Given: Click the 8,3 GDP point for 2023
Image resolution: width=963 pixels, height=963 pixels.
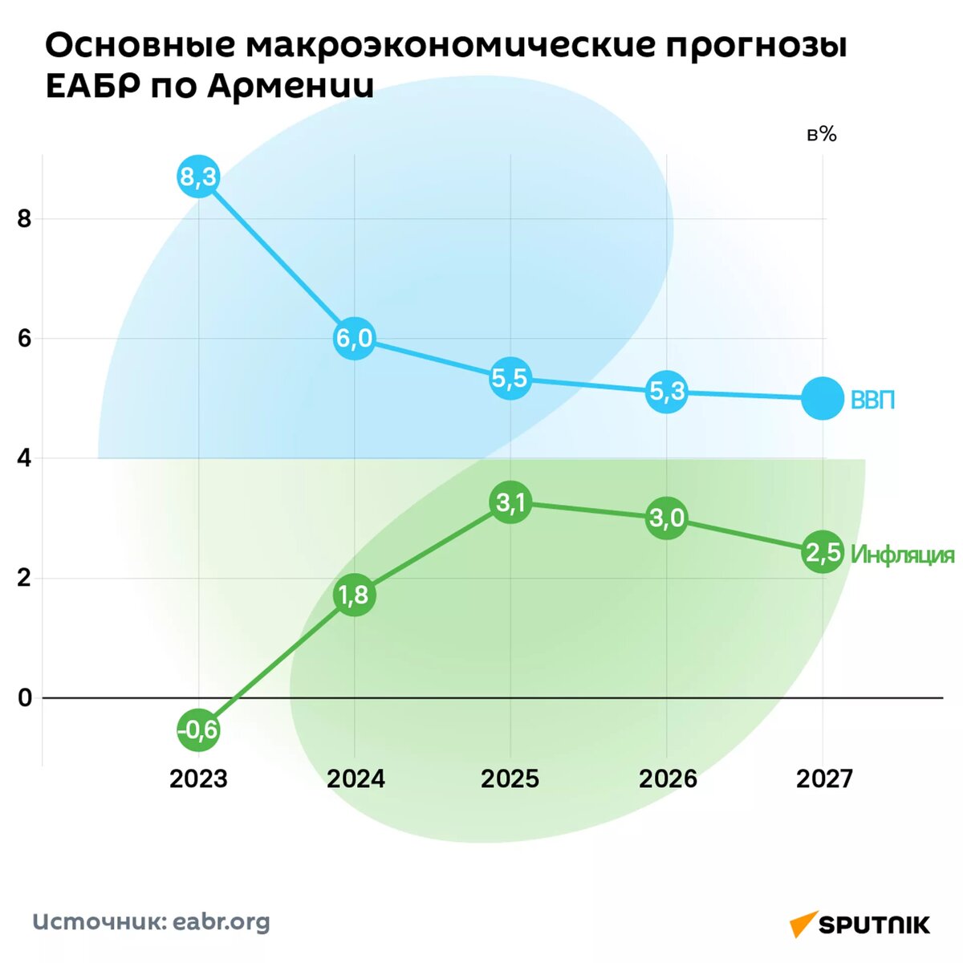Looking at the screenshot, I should click(198, 177).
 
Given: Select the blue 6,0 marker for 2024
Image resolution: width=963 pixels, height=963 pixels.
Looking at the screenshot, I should click(354, 338).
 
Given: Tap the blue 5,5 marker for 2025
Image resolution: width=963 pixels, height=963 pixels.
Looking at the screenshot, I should click(510, 378).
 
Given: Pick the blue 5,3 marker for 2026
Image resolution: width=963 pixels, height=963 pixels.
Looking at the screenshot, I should click(667, 392).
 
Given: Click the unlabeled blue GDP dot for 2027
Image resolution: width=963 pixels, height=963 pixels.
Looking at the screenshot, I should click(823, 398).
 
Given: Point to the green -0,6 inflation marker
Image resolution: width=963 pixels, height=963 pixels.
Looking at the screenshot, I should click(198, 729).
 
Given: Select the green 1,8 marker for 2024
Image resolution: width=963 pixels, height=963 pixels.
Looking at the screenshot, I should click(354, 595).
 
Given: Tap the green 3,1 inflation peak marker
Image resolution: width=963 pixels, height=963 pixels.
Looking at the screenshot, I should click(510, 503).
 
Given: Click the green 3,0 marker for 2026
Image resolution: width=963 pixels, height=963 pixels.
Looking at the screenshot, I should click(667, 518).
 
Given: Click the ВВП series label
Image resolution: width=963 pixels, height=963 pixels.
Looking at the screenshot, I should click(872, 400).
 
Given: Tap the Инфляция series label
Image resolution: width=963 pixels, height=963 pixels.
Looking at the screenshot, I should click(903, 555).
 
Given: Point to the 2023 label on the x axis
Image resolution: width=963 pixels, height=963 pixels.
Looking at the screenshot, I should click(198, 778).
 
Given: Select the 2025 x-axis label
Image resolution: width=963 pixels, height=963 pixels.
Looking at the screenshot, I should click(510, 778).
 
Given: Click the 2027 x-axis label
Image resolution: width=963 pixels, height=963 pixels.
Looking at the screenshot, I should click(824, 778).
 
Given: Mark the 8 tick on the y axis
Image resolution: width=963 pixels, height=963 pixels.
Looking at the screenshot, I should click(24, 219).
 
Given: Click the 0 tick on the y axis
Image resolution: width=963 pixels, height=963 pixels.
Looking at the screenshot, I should click(24, 697).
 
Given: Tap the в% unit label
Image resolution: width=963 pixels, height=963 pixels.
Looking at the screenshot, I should click(821, 135).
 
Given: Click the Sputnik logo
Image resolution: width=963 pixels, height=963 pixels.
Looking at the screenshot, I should click(859, 924).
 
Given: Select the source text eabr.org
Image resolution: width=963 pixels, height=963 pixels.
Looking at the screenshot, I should click(221, 922).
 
